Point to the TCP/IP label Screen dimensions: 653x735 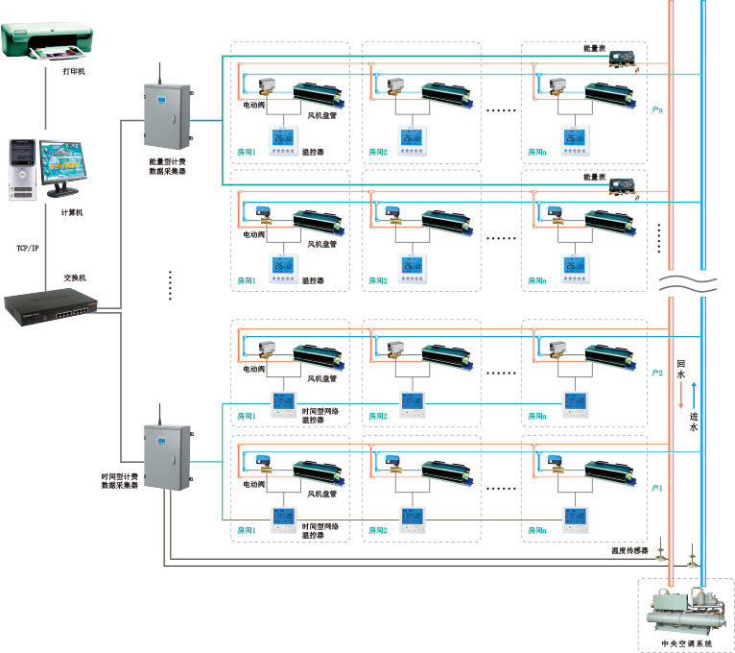pyautogui.click(x=27, y=248)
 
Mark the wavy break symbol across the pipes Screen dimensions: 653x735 pyautogui.click(x=687, y=281)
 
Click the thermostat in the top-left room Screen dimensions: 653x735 pyautogui.click(x=285, y=141)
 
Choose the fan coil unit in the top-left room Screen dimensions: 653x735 pyautogui.click(x=317, y=93)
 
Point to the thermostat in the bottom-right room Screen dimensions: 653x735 pyautogui.click(x=575, y=520)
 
